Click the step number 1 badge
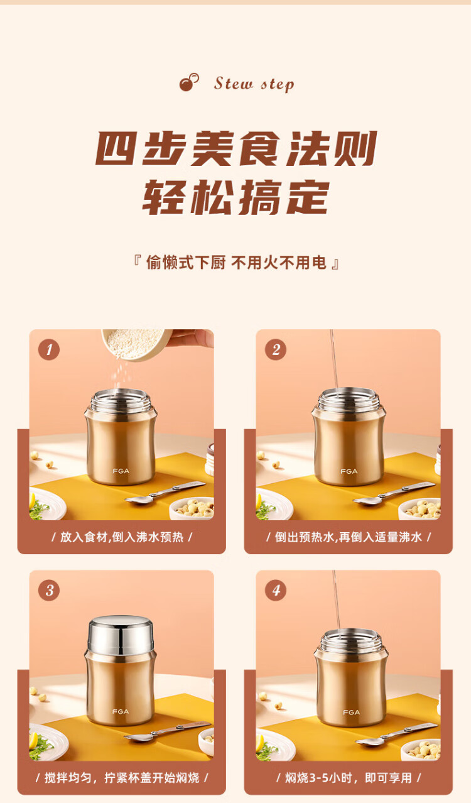49,349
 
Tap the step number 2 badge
276,349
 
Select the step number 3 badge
49,590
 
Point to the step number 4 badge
276,590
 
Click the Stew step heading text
254,84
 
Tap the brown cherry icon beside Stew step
189,82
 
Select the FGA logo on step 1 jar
121,471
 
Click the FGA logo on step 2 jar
349,471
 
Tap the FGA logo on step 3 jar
121,712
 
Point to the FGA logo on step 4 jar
351,712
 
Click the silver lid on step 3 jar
121,635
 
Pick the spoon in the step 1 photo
165,493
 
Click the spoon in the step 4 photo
396,734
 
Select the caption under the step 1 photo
122,537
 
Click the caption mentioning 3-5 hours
349,778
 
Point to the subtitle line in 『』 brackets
236,263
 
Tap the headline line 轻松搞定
235,197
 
